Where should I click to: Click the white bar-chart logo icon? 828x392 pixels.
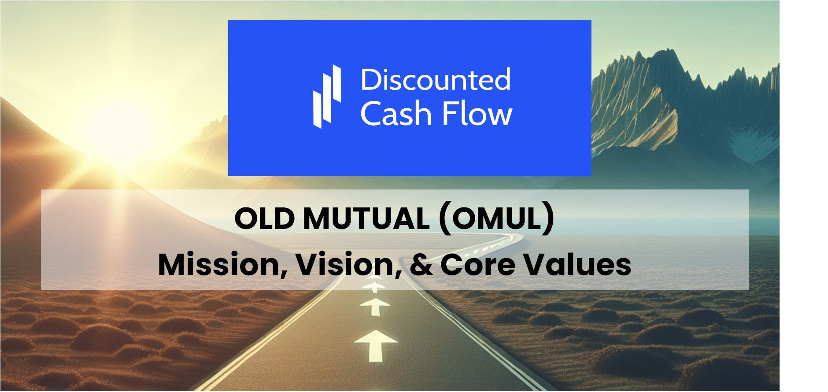click(x=327, y=97)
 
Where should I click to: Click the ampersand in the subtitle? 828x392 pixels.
click(x=421, y=265)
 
